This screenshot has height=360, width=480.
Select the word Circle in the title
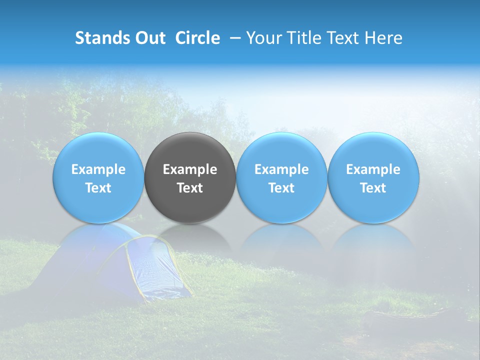tap(197, 38)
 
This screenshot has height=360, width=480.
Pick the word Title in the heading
tap(300, 38)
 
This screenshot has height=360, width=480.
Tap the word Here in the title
tap(383, 38)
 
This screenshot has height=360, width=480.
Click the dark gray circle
tap(190, 150)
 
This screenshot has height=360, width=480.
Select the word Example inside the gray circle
tap(190, 169)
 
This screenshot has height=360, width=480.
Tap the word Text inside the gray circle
tap(190, 188)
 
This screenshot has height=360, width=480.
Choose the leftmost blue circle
tap(98, 150)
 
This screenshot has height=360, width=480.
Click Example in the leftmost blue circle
tap(98, 169)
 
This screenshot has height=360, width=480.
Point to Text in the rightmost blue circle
tap(373, 188)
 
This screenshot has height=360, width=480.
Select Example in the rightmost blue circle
tap(373, 169)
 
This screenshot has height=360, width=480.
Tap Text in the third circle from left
tap(281, 188)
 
